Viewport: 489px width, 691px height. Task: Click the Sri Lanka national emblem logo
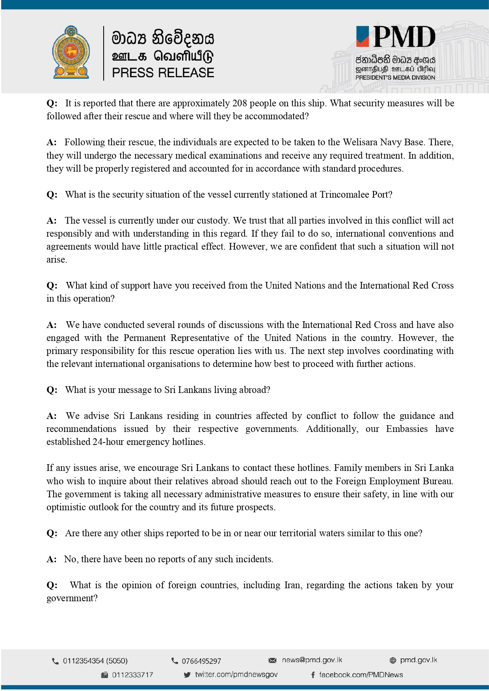point(71,52)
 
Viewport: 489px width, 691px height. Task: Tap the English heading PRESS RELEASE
point(163,73)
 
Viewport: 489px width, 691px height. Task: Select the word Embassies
point(407,429)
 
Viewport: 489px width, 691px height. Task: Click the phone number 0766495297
point(201,661)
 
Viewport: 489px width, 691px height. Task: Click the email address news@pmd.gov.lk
point(312,660)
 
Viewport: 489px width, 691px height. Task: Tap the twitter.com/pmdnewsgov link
point(236,674)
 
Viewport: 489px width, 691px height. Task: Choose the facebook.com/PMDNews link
point(361,675)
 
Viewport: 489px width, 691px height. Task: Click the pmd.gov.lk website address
point(418,660)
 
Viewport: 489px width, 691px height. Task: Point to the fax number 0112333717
point(132,675)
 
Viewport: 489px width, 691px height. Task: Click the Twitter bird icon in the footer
point(187,675)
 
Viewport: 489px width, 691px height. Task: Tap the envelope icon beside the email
point(272,660)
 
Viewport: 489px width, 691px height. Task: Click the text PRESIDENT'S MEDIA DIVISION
point(395,78)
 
